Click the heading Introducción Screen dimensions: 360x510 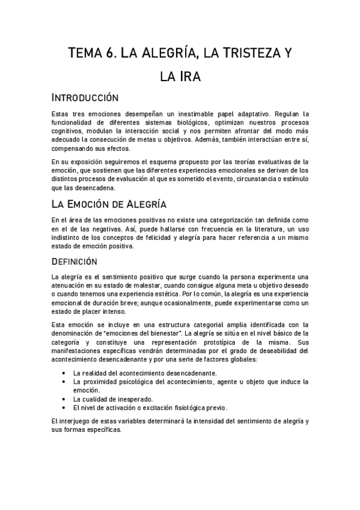tap(85, 97)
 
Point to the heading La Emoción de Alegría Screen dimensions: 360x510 tap(109, 203)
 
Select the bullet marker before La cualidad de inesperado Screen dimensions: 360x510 tap(64, 399)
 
